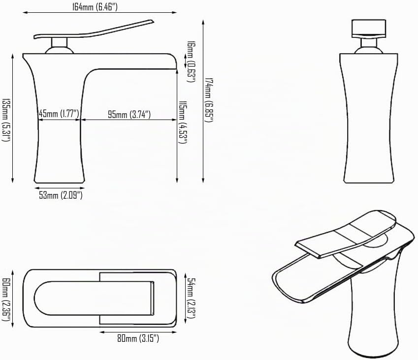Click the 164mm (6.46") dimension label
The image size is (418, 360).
click(95, 7)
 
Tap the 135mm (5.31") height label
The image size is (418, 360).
click(6, 120)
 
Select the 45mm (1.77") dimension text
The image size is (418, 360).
click(59, 114)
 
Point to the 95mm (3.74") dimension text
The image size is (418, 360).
click(129, 115)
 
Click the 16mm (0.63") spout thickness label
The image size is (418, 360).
click(191, 61)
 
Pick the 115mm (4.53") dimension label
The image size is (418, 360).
click(183, 122)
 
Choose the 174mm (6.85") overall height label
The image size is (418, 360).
click(209, 100)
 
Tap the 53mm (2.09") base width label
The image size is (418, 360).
click(61, 195)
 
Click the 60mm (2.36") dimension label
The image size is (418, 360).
click(6, 299)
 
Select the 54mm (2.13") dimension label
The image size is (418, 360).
click(191, 298)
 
